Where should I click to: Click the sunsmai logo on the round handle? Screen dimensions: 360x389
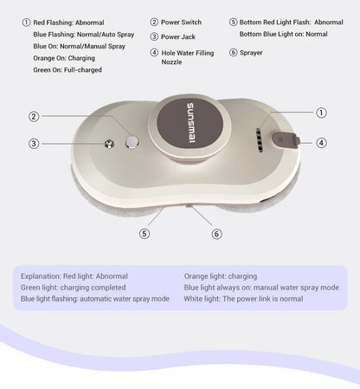[x=190, y=123]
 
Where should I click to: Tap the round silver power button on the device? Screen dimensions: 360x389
[x=132, y=141]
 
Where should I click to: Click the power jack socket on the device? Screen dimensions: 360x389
[x=109, y=144]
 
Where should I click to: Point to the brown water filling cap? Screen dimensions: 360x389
[x=285, y=140]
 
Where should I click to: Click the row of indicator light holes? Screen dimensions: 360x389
[x=260, y=140]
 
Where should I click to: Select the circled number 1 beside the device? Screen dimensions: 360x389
[x=321, y=113]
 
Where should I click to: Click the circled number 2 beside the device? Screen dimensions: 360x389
[x=34, y=117]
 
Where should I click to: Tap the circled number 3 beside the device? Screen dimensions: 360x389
[x=34, y=144]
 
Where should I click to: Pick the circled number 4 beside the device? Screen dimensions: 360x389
[x=321, y=143]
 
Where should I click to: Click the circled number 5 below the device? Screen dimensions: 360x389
[x=145, y=233]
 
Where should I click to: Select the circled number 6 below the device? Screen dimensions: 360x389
[x=216, y=234]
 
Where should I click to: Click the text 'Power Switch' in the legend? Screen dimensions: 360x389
[x=181, y=23]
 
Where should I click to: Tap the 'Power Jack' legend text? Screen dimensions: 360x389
[x=178, y=37]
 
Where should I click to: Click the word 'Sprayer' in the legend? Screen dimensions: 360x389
[x=251, y=53]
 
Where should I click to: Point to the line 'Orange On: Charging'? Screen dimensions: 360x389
[x=64, y=58]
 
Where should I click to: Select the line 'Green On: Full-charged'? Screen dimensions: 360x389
[x=67, y=70]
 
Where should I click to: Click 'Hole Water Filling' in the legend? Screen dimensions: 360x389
[x=188, y=53]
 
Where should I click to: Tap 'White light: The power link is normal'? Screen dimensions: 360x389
[x=243, y=299]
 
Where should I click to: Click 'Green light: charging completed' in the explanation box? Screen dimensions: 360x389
[x=73, y=288]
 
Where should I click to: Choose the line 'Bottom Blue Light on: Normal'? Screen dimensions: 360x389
[x=283, y=34]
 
